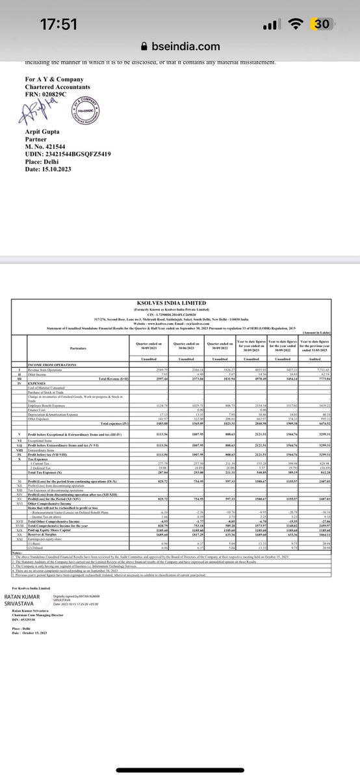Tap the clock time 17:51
click(58, 24)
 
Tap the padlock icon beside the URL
click(145, 47)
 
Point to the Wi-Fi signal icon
click(296, 24)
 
